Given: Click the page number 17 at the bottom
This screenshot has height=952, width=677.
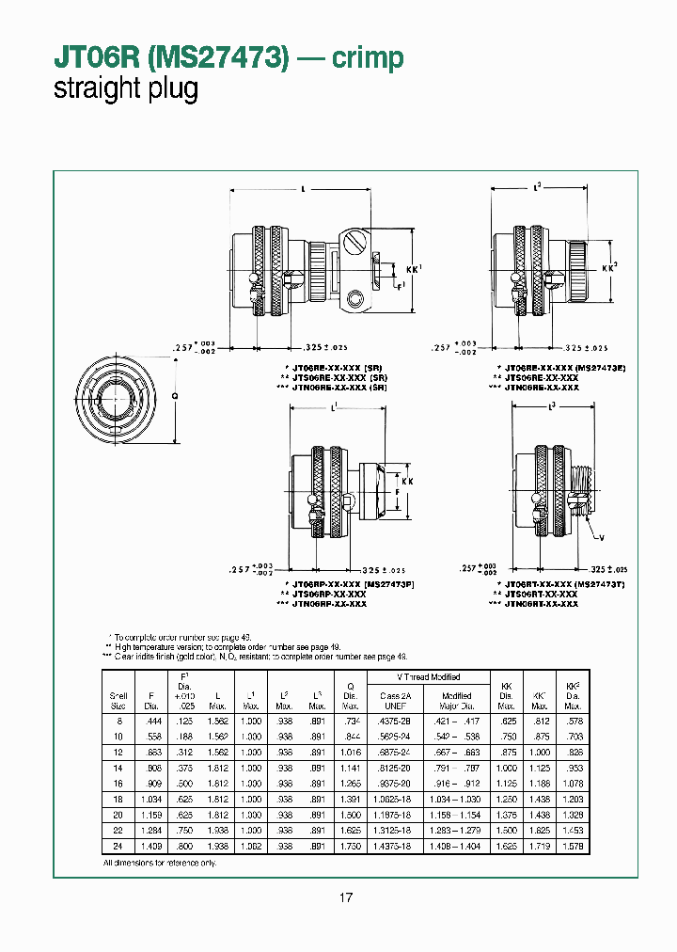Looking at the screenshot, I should (346, 898).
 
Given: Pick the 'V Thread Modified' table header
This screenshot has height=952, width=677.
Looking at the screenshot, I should (429, 677).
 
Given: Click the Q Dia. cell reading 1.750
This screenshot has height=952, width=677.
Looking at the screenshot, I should (350, 846).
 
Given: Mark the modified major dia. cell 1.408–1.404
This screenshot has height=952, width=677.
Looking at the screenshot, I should (457, 846).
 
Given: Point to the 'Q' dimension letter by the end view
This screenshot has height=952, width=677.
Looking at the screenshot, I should (175, 396).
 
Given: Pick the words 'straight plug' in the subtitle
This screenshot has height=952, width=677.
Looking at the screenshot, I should (126, 90).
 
